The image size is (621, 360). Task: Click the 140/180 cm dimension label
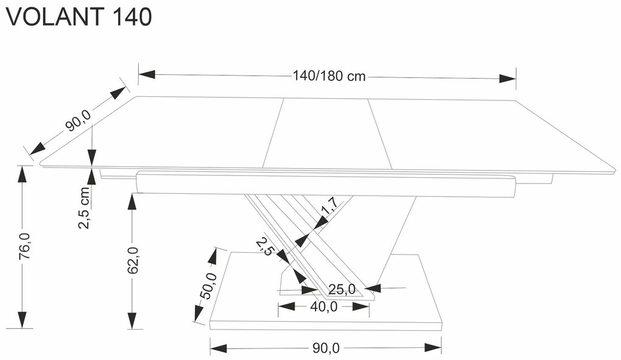coord(329,76)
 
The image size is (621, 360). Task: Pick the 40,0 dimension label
coord(323,307)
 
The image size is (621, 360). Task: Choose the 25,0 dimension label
coord(341,289)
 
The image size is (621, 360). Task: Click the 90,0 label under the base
coord(326,348)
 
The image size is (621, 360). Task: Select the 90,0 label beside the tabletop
coord(77,120)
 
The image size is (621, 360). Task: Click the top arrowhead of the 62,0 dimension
coord(132,202)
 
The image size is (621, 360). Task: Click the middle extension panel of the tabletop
coord(326,134)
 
